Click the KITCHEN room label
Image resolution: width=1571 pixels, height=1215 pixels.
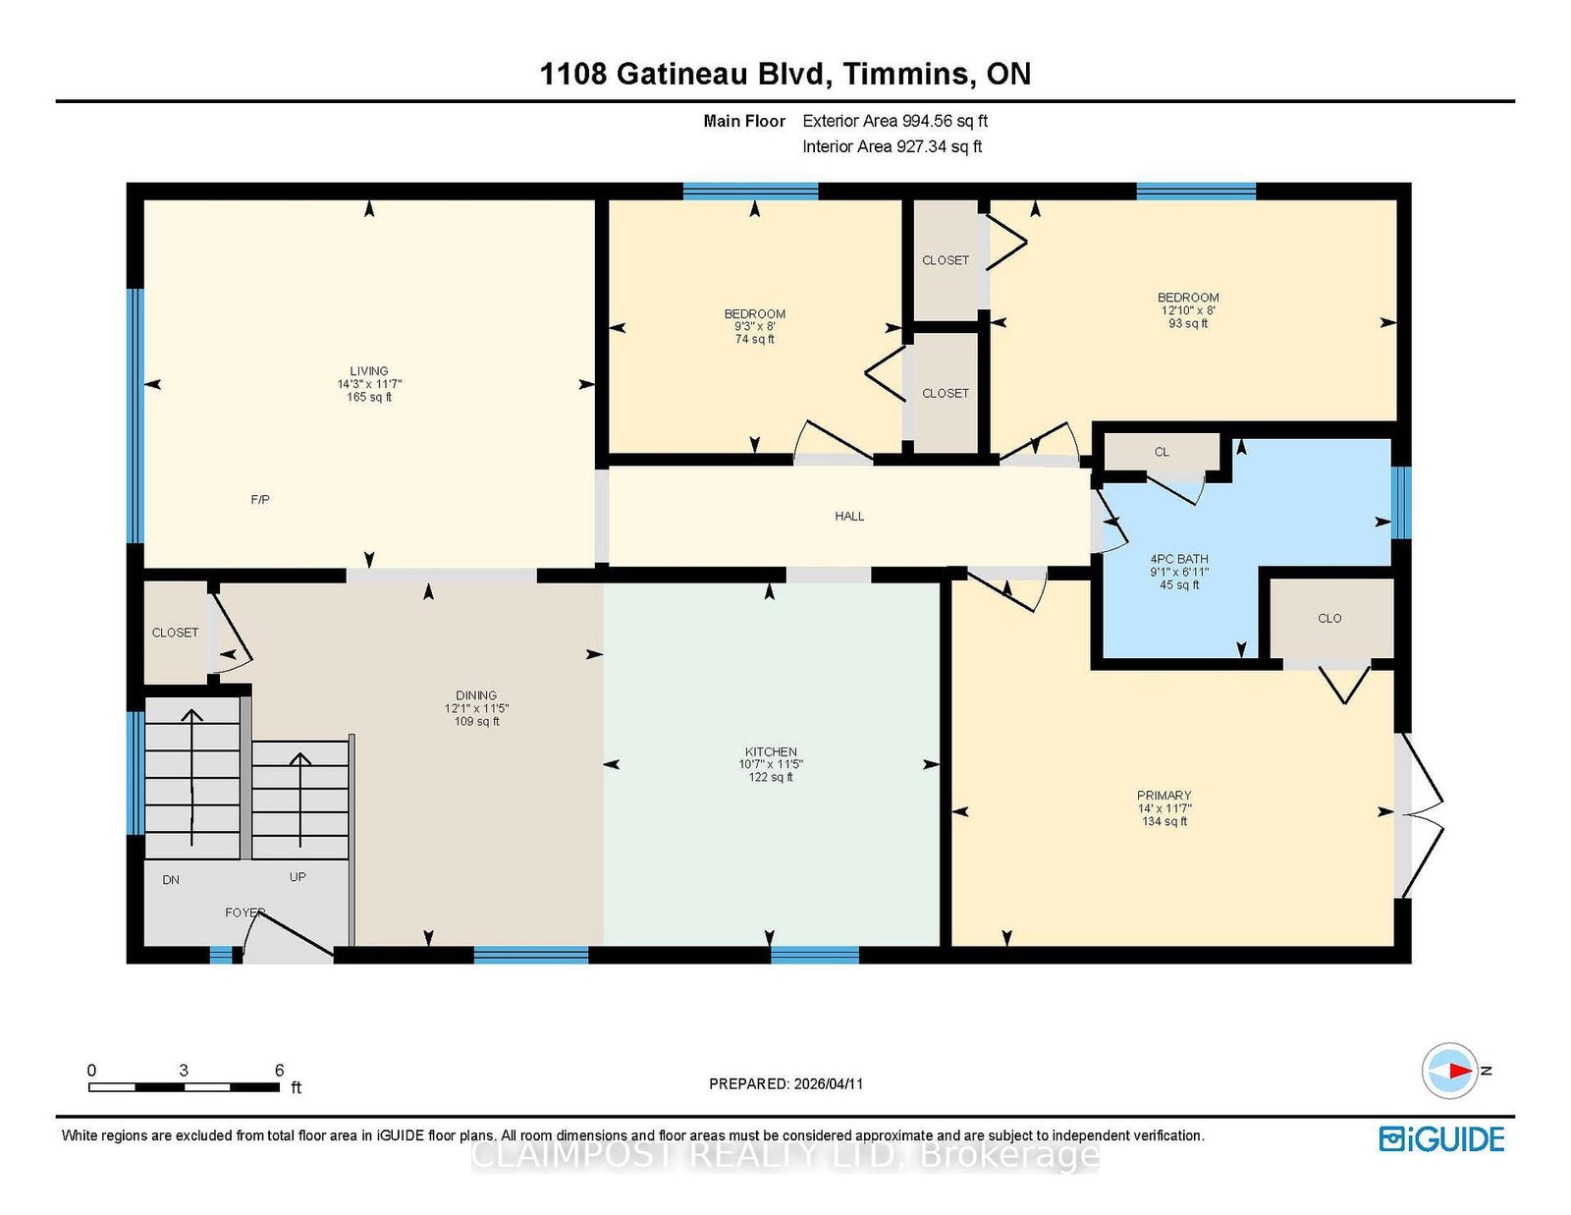pyautogui.click(x=771, y=751)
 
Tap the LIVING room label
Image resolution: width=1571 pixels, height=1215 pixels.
pyautogui.click(x=369, y=371)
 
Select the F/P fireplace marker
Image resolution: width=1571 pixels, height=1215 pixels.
pyautogui.click(x=260, y=499)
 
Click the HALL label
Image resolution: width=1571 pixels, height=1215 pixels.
pyautogui.click(x=849, y=516)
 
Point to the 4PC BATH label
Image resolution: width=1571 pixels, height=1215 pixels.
pyautogui.click(x=1179, y=558)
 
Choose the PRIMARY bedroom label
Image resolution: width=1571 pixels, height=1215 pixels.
pyautogui.click(x=1164, y=795)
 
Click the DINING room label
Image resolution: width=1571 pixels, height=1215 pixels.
pyautogui.click(x=475, y=695)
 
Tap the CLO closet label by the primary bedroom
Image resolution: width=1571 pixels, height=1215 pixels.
pyautogui.click(x=1329, y=618)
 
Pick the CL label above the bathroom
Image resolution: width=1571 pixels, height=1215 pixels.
pyautogui.click(x=1162, y=452)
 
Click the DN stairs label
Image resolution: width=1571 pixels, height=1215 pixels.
pyautogui.click(x=171, y=879)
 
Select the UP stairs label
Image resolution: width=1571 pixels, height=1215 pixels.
pyautogui.click(x=298, y=876)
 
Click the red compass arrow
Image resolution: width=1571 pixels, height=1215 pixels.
pyautogui.click(x=1461, y=1070)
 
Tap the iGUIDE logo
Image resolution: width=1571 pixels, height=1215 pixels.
pyautogui.click(x=1441, y=1138)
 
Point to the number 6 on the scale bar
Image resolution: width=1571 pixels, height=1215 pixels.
pyautogui.click(x=279, y=1070)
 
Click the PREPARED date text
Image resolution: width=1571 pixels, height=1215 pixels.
pyautogui.click(x=785, y=1083)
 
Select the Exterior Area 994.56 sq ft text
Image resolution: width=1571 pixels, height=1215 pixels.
pyautogui.click(x=895, y=121)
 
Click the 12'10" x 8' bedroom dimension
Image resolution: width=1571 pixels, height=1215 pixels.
pyautogui.click(x=1188, y=310)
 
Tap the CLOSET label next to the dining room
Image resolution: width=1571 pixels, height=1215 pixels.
pyautogui.click(x=175, y=633)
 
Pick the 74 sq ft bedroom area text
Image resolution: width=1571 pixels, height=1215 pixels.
pyautogui.click(x=755, y=339)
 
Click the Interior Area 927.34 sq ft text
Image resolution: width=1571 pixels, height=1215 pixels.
pyautogui.click(x=893, y=146)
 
